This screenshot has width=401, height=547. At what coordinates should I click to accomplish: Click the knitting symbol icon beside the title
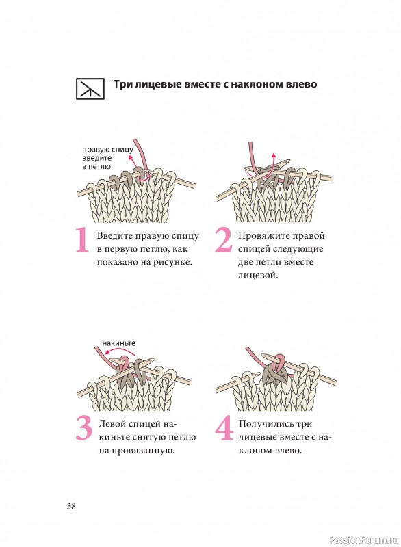click(x=90, y=89)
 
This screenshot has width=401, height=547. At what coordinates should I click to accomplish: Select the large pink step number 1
click(x=82, y=239)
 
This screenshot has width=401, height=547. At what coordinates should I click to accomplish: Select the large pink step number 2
click(x=223, y=239)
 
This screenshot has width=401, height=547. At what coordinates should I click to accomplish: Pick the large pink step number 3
click(x=84, y=428)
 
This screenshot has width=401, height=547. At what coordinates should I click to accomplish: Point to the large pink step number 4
click(x=224, y=428)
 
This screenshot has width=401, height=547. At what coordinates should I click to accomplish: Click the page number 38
click(x=71, y=506)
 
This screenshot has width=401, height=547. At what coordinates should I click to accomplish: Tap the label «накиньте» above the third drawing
click(x=118, y=343)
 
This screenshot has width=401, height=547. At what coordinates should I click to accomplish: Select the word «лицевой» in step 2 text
click(x=258, y=276)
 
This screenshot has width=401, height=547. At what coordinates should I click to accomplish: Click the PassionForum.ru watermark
click(x=363, y=540)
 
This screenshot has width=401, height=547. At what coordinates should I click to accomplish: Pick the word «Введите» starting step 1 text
click(x=115, y=236)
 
